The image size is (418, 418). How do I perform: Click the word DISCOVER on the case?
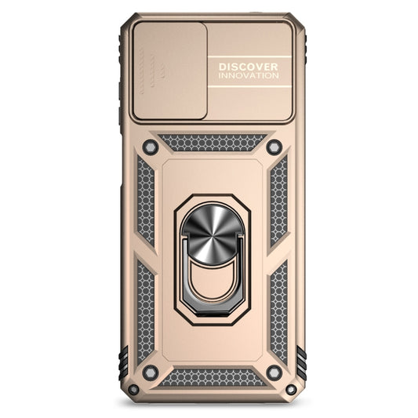tap(248, 67)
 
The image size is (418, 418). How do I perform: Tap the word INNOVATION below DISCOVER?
tap(248, 76)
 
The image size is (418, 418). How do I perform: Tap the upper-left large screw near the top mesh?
tap(150, 147)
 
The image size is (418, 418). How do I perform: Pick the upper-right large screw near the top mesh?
tap(274, 147)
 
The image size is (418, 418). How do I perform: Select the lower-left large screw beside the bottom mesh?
tap(150, 372)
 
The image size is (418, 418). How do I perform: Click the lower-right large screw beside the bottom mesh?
tap(274, 372)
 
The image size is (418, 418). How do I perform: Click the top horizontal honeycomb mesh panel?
tap(211, 143)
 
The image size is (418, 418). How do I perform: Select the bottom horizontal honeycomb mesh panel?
tap(211, 377)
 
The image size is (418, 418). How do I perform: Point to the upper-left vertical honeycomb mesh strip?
tap(146, 201)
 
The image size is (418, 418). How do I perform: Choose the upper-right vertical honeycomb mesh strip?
tap(278, 201)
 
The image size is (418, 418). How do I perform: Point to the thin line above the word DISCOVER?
tap(249, 58)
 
